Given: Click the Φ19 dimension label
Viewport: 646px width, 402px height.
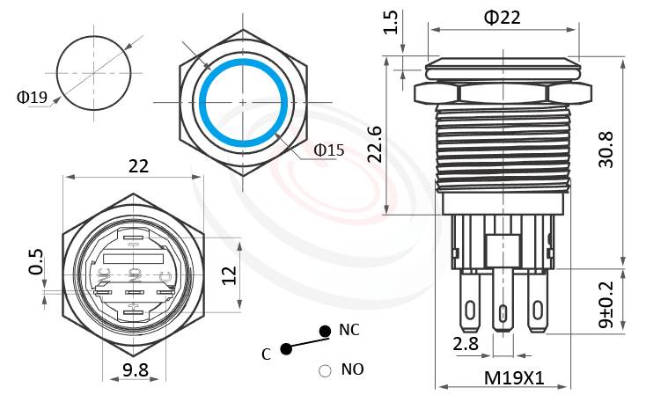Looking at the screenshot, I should point(32,98).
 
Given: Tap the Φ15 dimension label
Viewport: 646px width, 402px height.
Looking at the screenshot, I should point(329,150).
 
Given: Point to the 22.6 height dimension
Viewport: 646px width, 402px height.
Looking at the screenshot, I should point(373,143).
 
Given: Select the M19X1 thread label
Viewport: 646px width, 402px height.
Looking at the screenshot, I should point(515,378).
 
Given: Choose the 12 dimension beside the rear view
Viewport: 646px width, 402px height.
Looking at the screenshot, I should point(228,274).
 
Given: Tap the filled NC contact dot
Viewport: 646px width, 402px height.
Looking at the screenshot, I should point(325,331).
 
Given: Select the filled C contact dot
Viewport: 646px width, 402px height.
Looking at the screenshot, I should point(287,349).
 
